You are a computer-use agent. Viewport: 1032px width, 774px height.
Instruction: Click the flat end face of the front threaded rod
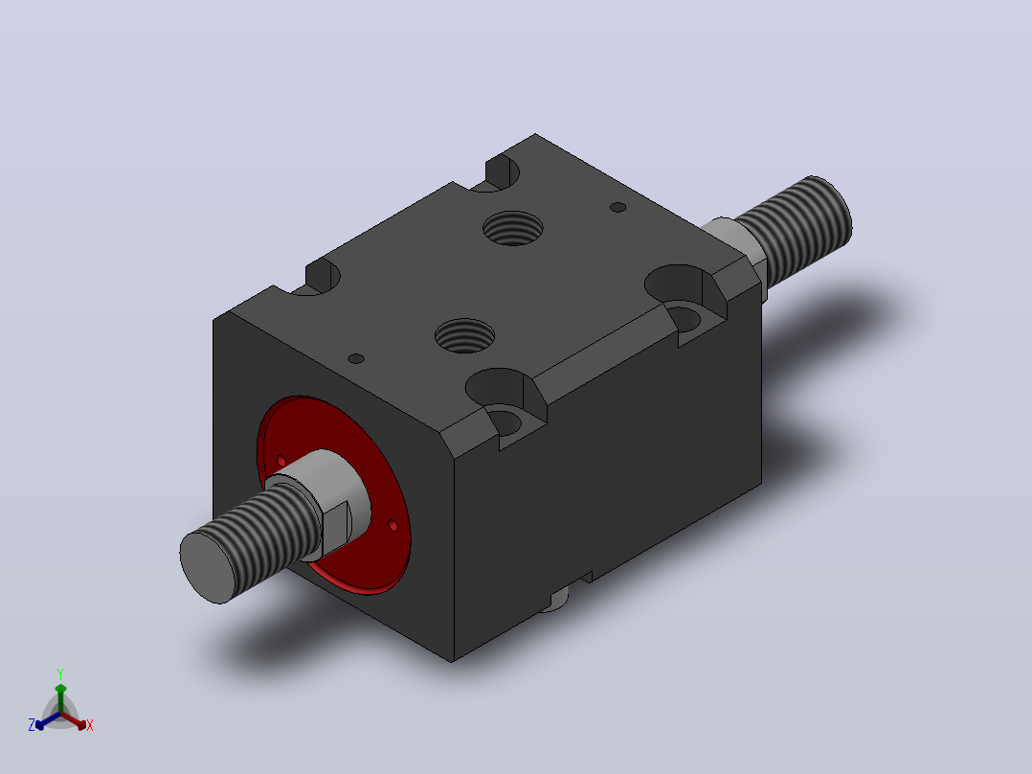(x=208, y=567)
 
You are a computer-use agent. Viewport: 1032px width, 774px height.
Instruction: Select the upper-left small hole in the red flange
(x=281, y=460)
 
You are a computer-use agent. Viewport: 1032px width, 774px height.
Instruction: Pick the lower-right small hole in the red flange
(x=393, y=525)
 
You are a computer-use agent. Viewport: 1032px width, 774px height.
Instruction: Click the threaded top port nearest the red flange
(x=464, y=335)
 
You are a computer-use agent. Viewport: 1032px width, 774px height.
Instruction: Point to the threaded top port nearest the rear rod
(x=513, y=228)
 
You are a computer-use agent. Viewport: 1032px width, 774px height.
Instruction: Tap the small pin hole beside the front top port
(x=356, y=358)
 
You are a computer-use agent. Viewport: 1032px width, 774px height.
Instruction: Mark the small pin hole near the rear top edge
(x=618, y=207)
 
